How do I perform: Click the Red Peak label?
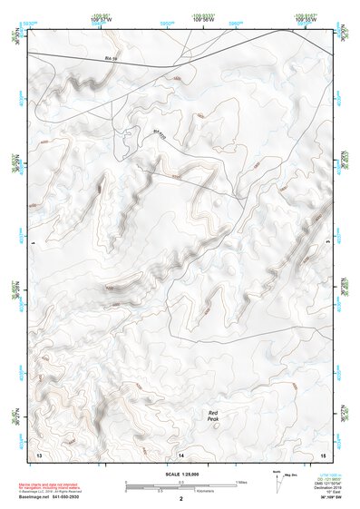coord(213,416)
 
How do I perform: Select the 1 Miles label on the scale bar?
coord(241,482)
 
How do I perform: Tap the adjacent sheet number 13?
coord(39,453)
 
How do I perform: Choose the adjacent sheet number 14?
coord(181,453)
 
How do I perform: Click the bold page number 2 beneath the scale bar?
coord(181,499)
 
